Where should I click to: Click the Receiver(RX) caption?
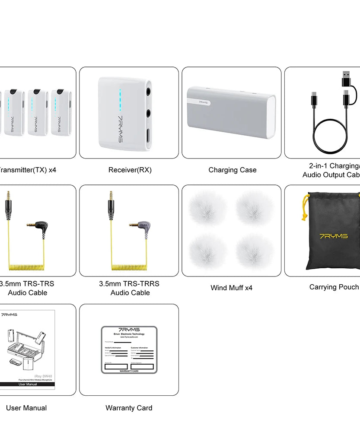pyautogui.click(x=130, y=170)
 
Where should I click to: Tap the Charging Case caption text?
pyautogui.click(x=232, y=170)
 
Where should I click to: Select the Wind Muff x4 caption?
pyautogui.click(x=231, y=288)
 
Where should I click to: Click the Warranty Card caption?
pyautogui.click(x=129, y=408)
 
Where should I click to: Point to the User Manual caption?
pyautogui.click(x=26, y=408)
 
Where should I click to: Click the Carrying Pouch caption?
pyautogui.click(x=334, y=287)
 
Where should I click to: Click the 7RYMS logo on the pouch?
pyautogui.click(x=334, y=236)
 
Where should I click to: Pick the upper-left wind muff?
pyautogui.click(x=208, y=208)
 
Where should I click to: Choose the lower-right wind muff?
pyautogui.click(x=255, y=252)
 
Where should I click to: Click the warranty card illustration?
pyautogui.click(x=129, y=350)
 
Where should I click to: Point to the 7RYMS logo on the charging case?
pyautogui.click(x=204, y=103)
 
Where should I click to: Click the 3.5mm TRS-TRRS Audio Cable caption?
pyautogui.click(x=129, y=288)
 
